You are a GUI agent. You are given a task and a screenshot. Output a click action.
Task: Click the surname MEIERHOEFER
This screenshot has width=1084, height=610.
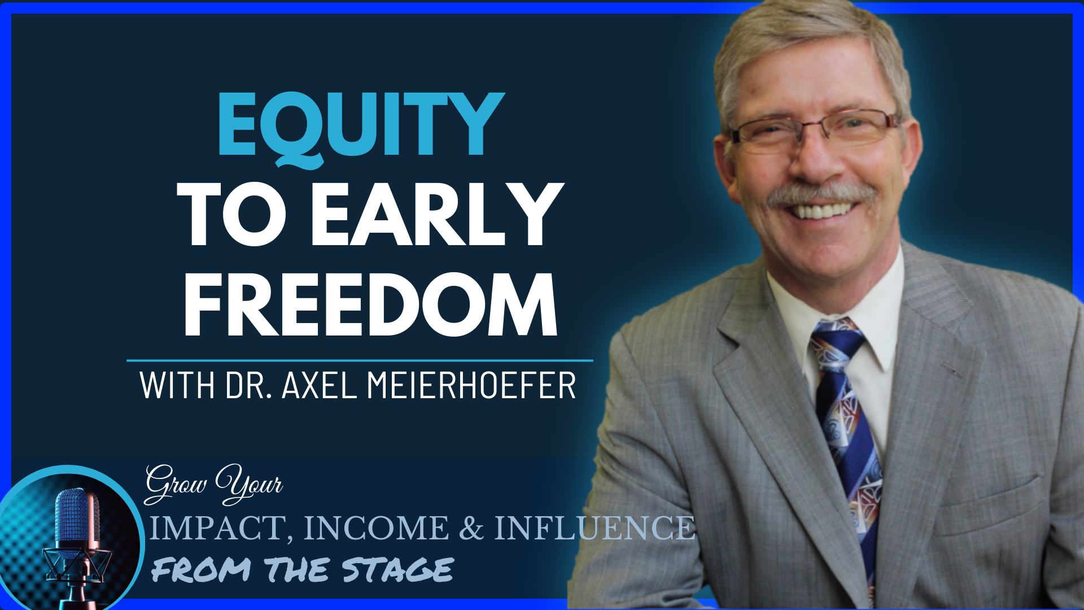(471, 385)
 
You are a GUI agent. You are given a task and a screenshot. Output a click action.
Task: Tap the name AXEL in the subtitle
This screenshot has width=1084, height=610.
(319, 385)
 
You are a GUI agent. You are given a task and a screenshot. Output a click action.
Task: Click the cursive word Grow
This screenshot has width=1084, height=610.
(176, 484)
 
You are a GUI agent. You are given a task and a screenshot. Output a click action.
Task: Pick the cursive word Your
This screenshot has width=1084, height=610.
(249, 484)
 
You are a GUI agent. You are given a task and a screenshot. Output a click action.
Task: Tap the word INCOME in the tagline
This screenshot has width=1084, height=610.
(376, 528)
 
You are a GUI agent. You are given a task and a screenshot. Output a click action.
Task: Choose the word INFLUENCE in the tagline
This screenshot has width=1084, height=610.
(595, 528)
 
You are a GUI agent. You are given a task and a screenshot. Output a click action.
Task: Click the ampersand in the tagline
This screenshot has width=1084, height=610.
(471, 528)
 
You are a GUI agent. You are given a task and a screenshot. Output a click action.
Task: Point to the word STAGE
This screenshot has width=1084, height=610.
(398, 569)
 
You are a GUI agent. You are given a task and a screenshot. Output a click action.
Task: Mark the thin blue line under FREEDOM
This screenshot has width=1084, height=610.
(360, 360)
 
